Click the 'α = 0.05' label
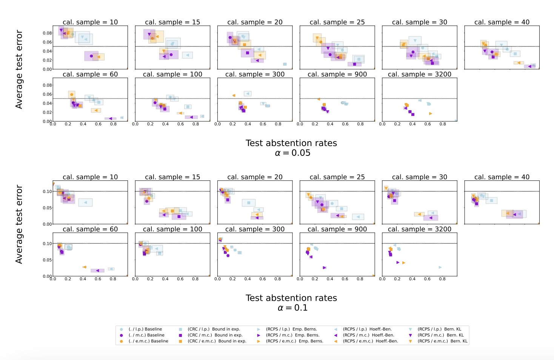click(292, 153)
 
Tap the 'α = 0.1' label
click(292, 308)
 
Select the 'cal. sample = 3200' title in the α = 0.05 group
click(419, 74)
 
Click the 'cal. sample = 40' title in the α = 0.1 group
click(502, 177)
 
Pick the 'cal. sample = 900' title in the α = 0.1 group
click(337, 229)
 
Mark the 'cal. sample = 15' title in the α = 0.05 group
click(172, 22)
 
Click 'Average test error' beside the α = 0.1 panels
click(19, 224)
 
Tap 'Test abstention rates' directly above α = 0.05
click(291, 143)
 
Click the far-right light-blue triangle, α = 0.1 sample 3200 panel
click(440, 267)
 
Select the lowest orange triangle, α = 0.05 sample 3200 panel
click(430, 114)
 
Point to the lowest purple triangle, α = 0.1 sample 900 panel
click(324, 268)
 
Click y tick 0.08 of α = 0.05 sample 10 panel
click(47, 33)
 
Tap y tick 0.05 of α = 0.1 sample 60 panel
click(47, 260)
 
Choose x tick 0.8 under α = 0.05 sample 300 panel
click(278, 124)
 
